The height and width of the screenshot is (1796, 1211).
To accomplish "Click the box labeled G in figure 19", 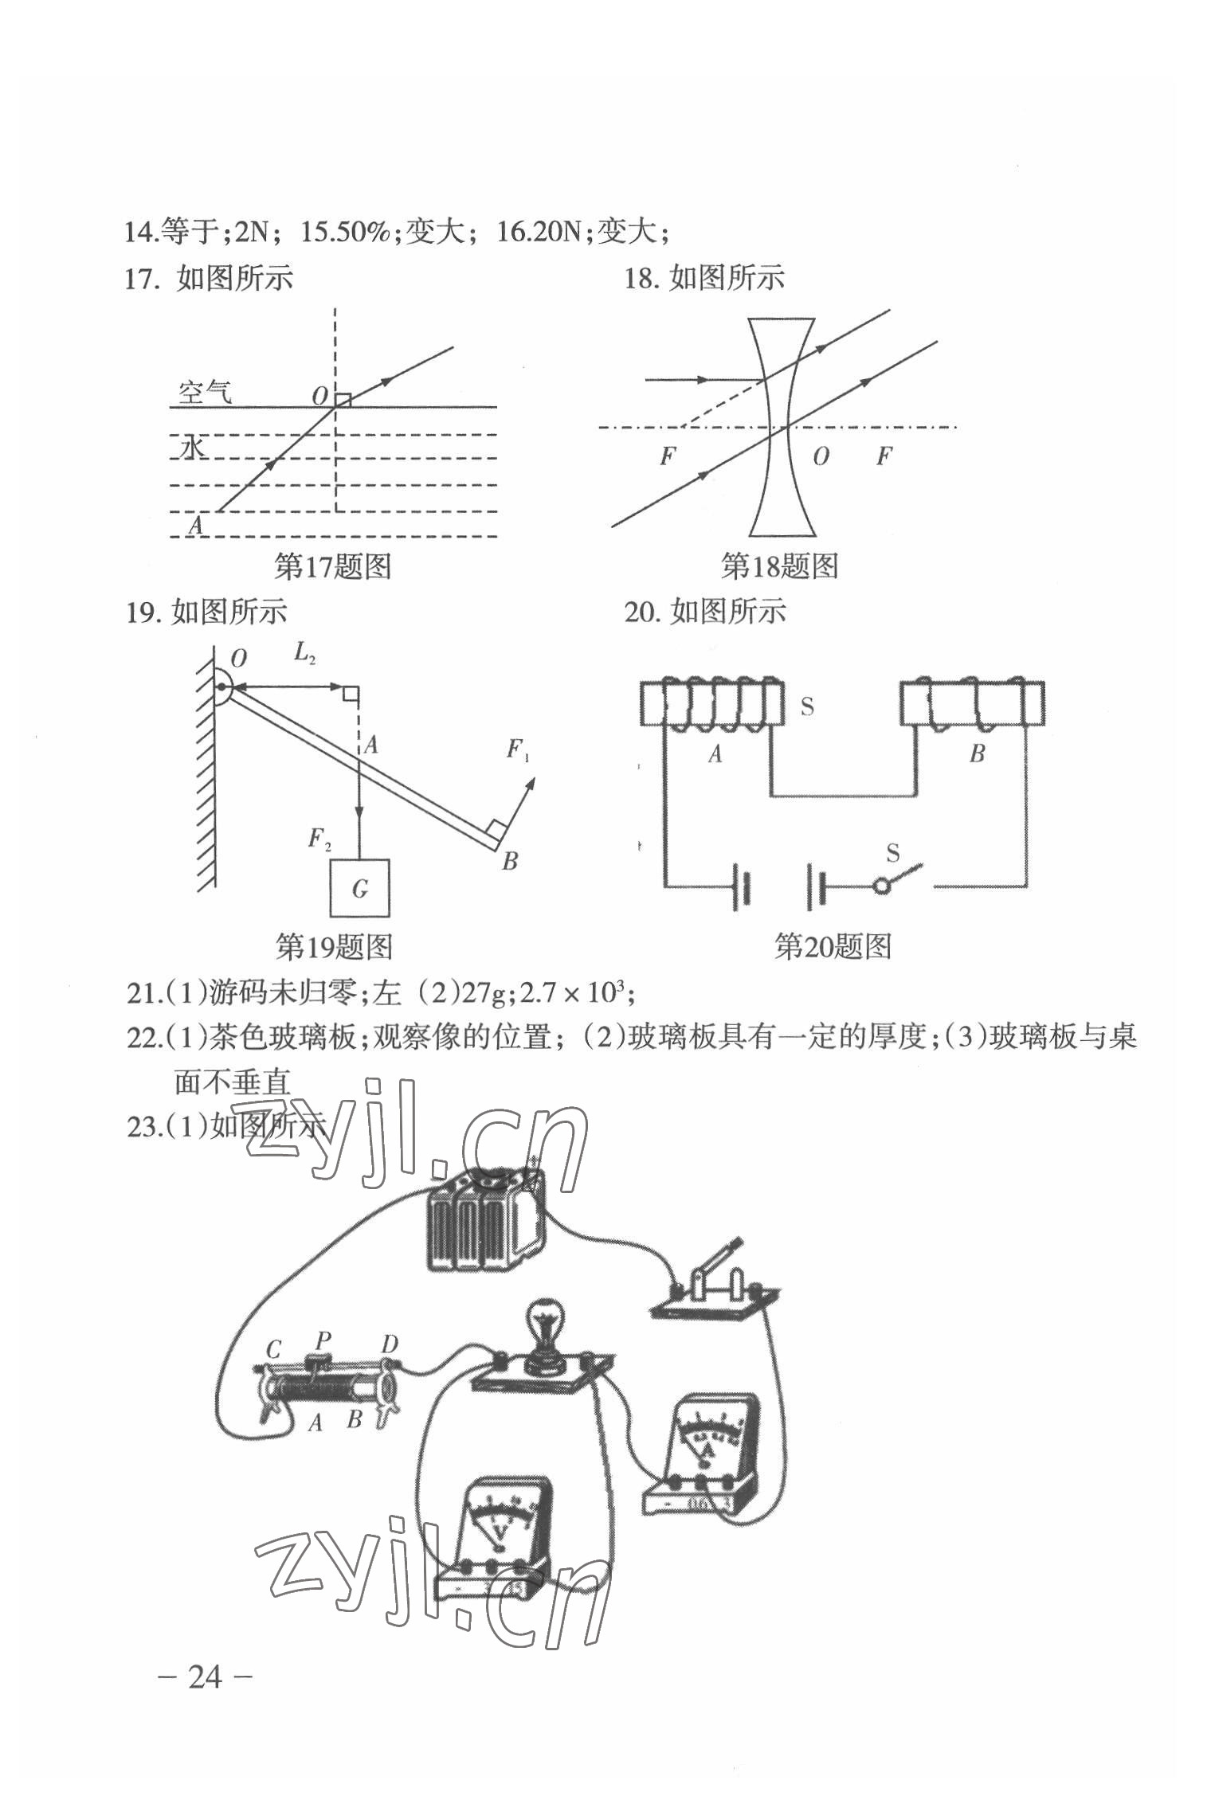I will point(360,887).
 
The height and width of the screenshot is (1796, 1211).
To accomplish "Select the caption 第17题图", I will point(332,567).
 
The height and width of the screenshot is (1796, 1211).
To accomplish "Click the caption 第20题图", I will point(833,946).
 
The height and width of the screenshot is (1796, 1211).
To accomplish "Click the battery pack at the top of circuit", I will point(484,1217).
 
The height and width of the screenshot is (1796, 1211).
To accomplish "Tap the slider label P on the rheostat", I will point(323,1339).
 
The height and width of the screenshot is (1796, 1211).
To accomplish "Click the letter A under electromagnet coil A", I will point(715,754).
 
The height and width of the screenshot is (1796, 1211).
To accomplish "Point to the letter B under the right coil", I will point(977,753).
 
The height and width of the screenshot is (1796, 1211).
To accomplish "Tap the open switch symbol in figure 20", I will point(900,878).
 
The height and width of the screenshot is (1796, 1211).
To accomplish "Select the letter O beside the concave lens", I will point(820,456).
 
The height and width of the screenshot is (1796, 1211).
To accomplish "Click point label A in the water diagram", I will point(195,525).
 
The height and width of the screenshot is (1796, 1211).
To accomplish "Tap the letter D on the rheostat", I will point(389,1345).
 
